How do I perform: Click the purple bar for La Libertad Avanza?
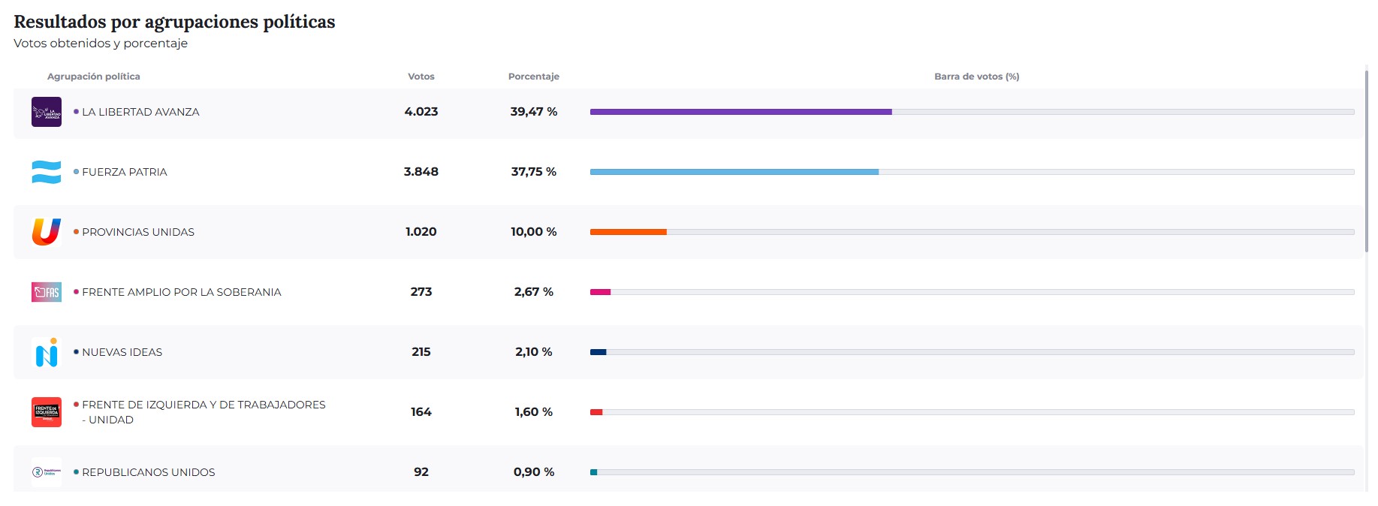pyautogui.click(x=740, y=112)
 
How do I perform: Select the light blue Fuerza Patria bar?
pyautogui.click(x=734, y=172)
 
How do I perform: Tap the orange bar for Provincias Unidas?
pyautogui.click(x=628, y=232)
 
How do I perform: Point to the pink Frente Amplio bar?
pyautogui.click(x=600, y=292)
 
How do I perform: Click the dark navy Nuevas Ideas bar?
pyautogui.click(x=598, y=352)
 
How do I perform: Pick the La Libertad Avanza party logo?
pyautogui.click(x=47, y=112)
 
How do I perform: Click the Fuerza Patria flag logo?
pyautogui.click(x=47, y=172)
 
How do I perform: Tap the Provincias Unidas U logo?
pyautogui.click(x=47, y=232)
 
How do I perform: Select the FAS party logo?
pyautogui.click(x=47, y=292)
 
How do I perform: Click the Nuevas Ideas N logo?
pyautogui.click(x=47, y=352)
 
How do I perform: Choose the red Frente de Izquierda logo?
pyautogui.click(x=47, y=412)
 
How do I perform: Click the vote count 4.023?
pyautogui.click(x=421, y=112)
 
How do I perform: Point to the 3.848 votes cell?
pyautogui.click(x=421, y=172)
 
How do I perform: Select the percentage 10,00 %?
pyautogui.click(x=534, y=232)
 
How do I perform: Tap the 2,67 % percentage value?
pyautogui.click(x=534, y=292)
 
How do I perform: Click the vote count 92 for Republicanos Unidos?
pyautogui.click(x=421, y=472)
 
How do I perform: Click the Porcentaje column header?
pyautogui.click(x=534, y=77)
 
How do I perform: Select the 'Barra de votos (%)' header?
pyautogui.click(x=976, y=77)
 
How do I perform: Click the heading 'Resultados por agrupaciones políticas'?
pyautogui.click(x=174, y=22)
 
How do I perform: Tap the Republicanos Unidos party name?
pyautogui.click(x=149, y=472)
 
